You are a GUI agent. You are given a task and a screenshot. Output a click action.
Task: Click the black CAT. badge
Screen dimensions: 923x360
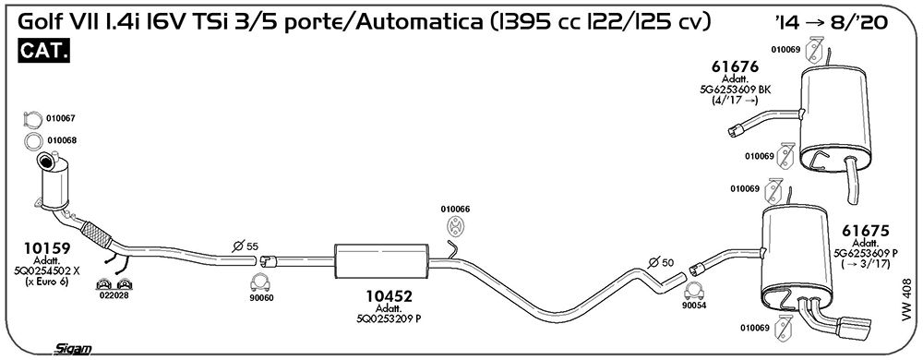click(44, 51)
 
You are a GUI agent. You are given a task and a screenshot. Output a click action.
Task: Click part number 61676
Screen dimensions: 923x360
click(734, 66)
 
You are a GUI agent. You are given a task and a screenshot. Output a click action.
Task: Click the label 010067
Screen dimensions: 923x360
click(61, 118)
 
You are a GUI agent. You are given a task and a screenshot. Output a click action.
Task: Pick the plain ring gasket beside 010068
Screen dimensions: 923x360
click(33, 141)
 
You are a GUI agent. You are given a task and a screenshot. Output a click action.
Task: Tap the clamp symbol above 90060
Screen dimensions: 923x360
click(260, 283)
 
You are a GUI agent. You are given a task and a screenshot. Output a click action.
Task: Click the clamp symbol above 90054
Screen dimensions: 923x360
click(695, 291)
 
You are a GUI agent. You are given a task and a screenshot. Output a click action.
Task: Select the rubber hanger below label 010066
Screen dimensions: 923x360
click(454, 225)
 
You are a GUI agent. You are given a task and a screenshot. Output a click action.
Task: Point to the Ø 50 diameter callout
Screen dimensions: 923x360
click(660, 262)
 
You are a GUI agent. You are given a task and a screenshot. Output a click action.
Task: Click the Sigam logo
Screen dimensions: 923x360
click(72, 349)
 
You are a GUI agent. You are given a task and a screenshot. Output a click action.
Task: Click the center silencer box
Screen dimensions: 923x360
click(381, 262)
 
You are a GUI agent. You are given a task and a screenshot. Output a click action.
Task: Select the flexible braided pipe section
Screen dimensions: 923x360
click(95, 234)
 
